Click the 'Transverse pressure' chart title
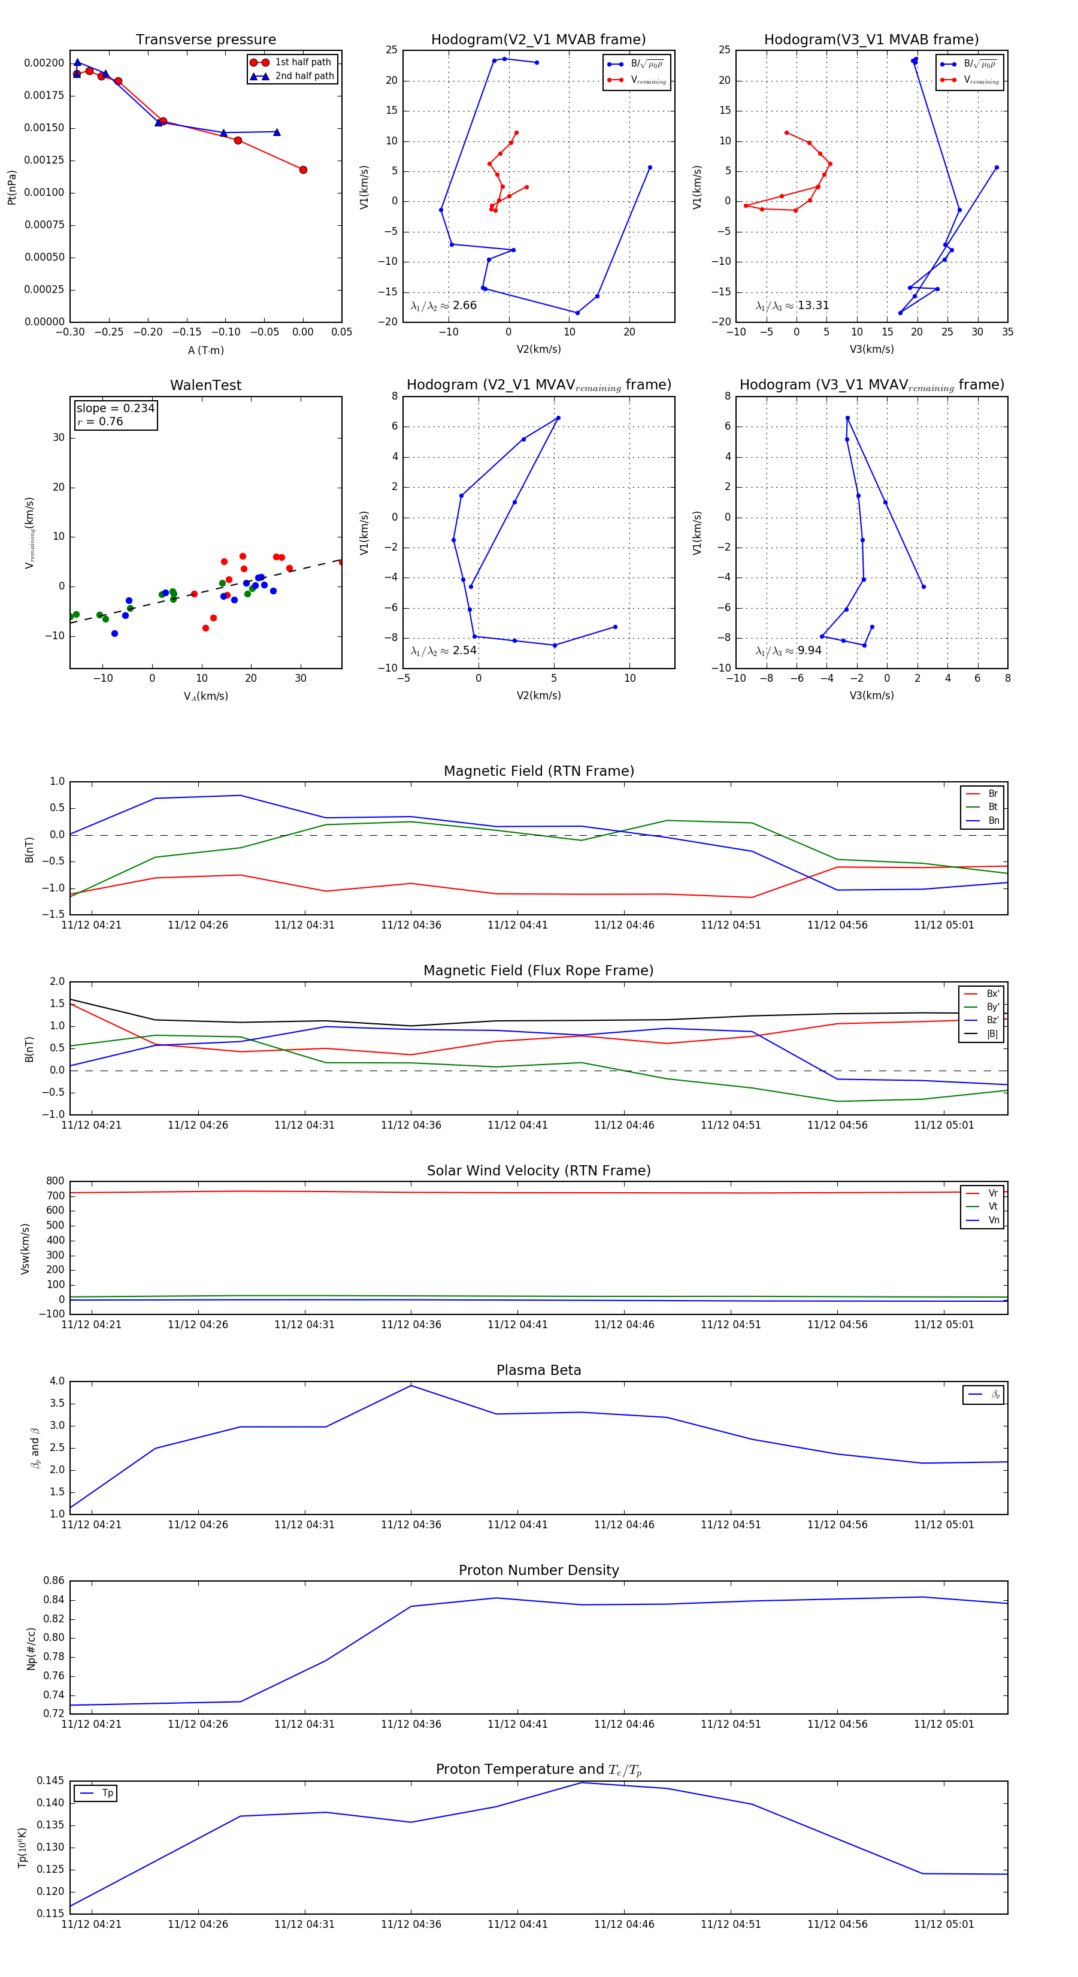click(x=205, y=40)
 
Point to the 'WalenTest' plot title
click(x=205, y=385)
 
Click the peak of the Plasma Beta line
click(x=411, y=1385)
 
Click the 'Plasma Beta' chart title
click(x=538, y=1370)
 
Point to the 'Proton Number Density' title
click(x=538, y=1570)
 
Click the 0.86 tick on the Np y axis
click(x=54, y=1580)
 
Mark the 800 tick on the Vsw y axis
click(x=55, y=1181)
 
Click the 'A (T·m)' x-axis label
click(x=205, y=350)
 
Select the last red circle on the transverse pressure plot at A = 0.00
click(x=303, y=170)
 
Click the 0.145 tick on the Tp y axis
click(x=52, y=1780)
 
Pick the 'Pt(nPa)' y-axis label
click(x=11, y=188)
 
